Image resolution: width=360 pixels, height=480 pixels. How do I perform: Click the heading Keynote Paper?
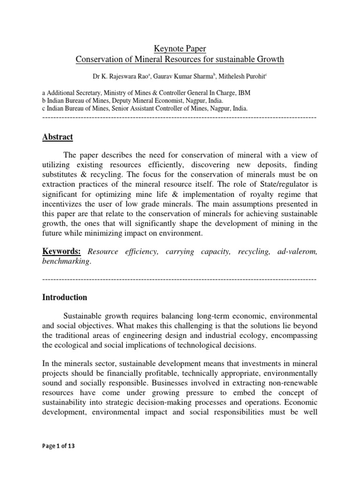point(180,48)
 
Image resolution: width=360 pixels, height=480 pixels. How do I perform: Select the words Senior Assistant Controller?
point(146,108)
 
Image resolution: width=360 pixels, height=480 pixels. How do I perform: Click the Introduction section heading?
point(65,297)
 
